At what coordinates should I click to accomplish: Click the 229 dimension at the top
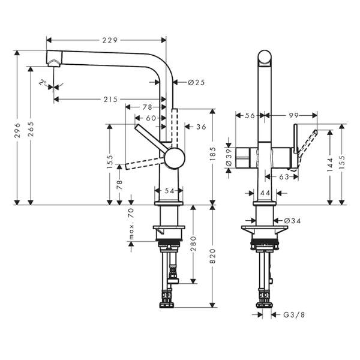tap(110, 40)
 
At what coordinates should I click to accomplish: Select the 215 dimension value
tap(110, 100)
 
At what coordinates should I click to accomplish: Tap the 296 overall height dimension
tap(17, 130)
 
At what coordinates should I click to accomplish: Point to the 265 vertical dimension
tap(31, 129)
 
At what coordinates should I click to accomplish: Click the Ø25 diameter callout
tap(196, 82)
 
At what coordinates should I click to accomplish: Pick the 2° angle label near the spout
tap(43, 82)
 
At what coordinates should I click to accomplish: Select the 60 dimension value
tap(151, 118)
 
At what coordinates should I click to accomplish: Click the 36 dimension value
tap(201, 127)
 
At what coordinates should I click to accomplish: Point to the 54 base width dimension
tap(169, 191)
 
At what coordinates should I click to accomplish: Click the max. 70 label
tap(131, 224)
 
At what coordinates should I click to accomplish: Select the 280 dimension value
tap(193, 244)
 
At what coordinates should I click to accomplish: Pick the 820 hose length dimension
tap(213, 256)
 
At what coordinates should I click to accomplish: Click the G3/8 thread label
tap(294, 315)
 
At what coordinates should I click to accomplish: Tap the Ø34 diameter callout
tap(292, 221)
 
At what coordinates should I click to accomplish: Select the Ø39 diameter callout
tap(229, 158)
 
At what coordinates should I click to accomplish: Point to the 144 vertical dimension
tap(330, 165)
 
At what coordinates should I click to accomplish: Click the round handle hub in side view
tap(175, 158)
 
